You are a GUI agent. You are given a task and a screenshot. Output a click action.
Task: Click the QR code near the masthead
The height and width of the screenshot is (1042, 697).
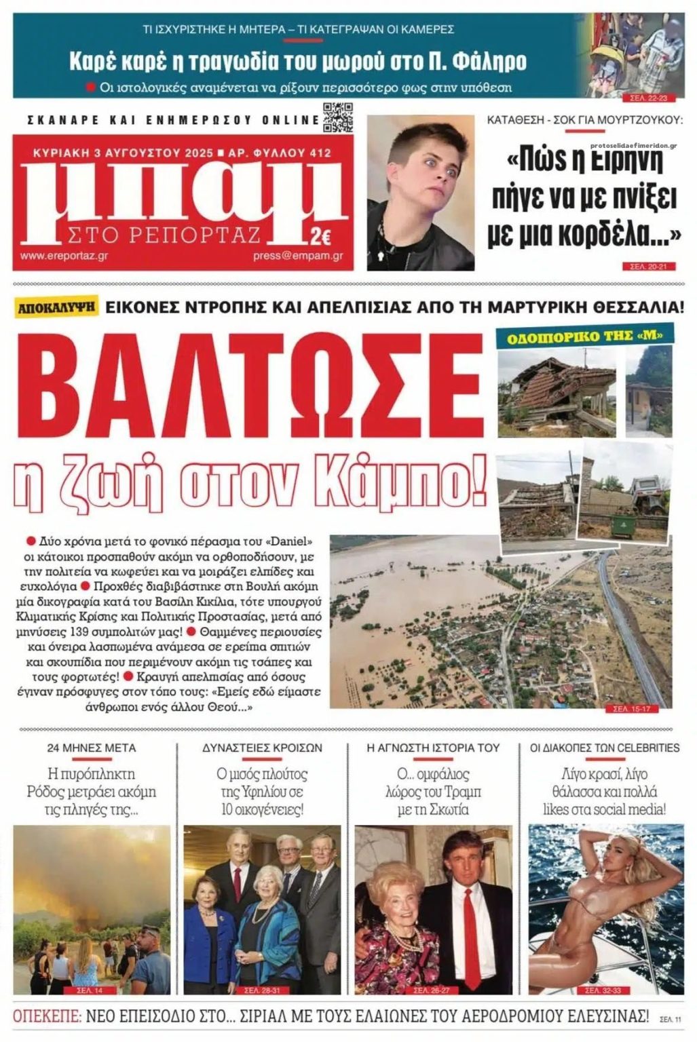pos(337,116)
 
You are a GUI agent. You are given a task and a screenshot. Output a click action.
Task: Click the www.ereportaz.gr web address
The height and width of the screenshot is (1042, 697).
pos(64,256)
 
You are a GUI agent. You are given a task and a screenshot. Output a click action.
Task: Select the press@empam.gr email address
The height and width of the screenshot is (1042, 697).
pos(298,256)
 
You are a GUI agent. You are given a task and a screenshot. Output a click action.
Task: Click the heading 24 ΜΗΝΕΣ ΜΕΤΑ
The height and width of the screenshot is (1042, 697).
pos(92,748)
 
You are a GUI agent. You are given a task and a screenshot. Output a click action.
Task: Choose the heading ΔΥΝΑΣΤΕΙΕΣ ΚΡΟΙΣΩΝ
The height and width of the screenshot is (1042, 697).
pos(262,748)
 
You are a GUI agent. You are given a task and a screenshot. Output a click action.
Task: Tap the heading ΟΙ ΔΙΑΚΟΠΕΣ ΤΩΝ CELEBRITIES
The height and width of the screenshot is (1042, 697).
pos(605,748)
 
